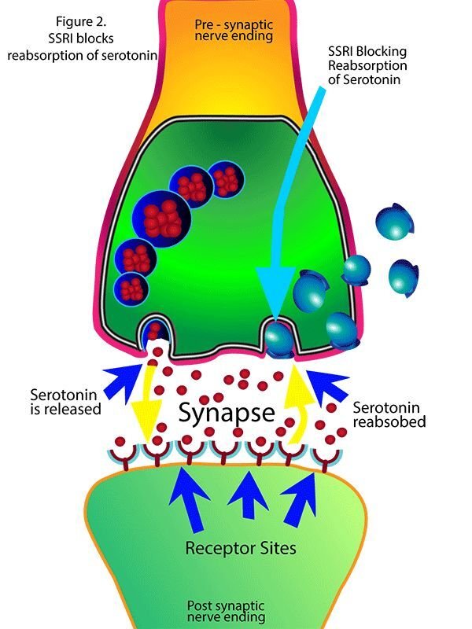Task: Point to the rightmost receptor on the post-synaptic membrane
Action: pyautogui.click(x=323, y=454)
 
